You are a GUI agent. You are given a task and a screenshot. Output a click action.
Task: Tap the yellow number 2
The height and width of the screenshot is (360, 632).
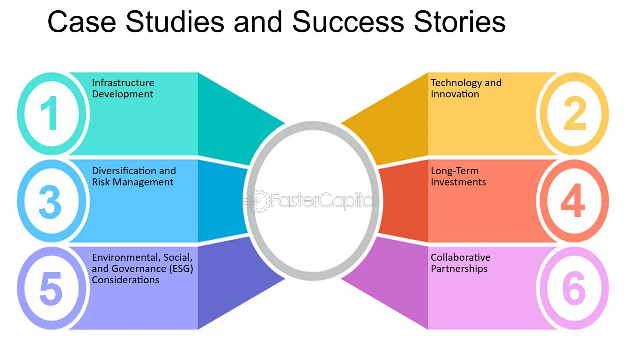(x=575, y=113)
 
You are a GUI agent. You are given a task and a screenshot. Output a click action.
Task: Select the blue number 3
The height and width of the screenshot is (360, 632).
(x=50, y=202)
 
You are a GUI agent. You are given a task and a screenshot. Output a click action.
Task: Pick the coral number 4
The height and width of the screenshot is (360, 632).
(x=573, y=200)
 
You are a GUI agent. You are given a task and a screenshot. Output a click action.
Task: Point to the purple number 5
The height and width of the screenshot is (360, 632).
(x=51, y=289)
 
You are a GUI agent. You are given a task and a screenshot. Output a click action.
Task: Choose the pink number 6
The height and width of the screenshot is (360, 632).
(x=573, y=288)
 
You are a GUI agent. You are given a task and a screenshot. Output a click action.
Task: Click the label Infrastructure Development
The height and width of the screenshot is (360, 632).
(x=123, y=88)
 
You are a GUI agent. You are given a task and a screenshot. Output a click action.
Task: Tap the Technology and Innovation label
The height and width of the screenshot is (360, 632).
(x=466, y=88)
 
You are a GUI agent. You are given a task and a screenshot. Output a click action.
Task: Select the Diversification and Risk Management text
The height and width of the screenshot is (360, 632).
(x=134, y=176)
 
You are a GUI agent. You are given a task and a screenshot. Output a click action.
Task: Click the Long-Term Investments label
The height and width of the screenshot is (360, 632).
(x=458, y=176)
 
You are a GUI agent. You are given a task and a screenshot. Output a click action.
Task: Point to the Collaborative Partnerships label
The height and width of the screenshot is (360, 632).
(x=461, y=263)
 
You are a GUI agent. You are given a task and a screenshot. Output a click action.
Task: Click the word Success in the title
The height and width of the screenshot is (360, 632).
(x=348, y=22)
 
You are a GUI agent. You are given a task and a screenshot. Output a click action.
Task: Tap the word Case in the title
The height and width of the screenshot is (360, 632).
(x=82, y=22)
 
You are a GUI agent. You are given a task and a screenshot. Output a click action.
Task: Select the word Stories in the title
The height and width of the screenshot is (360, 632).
(x=460, y=22)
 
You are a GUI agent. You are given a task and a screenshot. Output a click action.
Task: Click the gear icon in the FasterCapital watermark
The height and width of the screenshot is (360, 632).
(x=258, y=201)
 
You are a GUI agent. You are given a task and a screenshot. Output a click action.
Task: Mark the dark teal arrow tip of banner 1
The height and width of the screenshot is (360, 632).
(x=285, y=123)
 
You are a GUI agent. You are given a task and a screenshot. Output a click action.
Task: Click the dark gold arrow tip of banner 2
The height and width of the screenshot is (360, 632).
(x=341, y=123)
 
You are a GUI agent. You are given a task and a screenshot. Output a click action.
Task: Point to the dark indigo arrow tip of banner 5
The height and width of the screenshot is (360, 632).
(x=285, y=279)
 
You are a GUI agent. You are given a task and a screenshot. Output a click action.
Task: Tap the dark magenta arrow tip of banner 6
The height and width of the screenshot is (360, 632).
(x=341, y=279)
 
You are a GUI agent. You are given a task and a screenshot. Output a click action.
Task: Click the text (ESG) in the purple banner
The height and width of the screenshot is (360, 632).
(x=181, y=269)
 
